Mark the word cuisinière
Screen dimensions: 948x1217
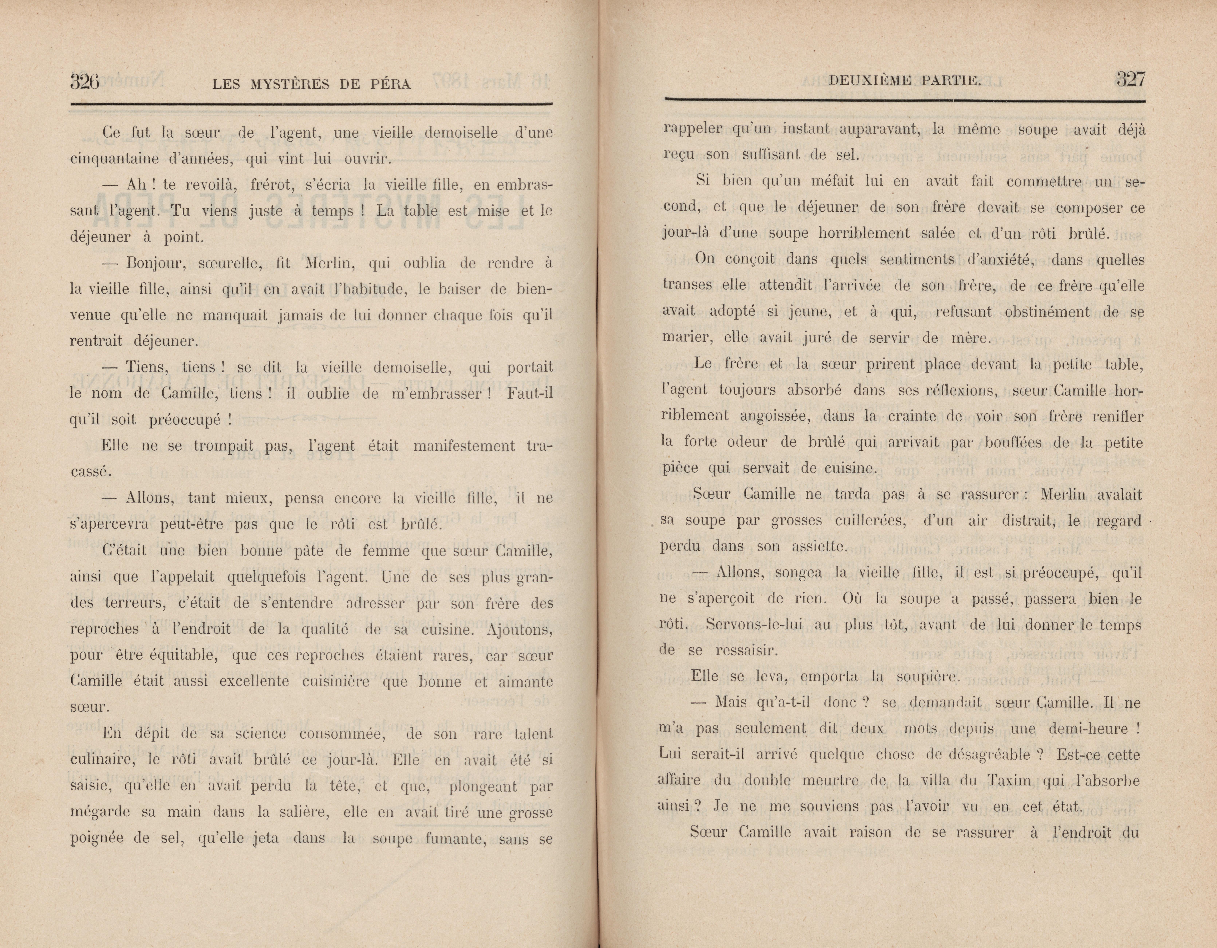point(336,681)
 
